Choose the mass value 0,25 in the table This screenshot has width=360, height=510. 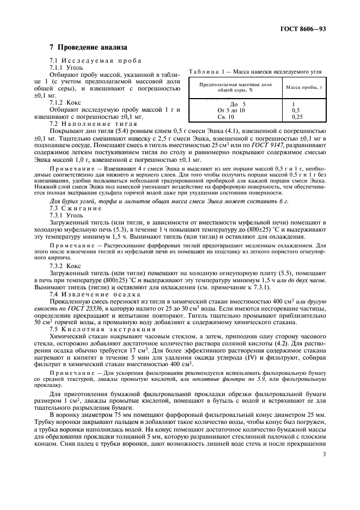(x=297, y=117)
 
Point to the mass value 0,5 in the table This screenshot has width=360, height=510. (x=296, y=110)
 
